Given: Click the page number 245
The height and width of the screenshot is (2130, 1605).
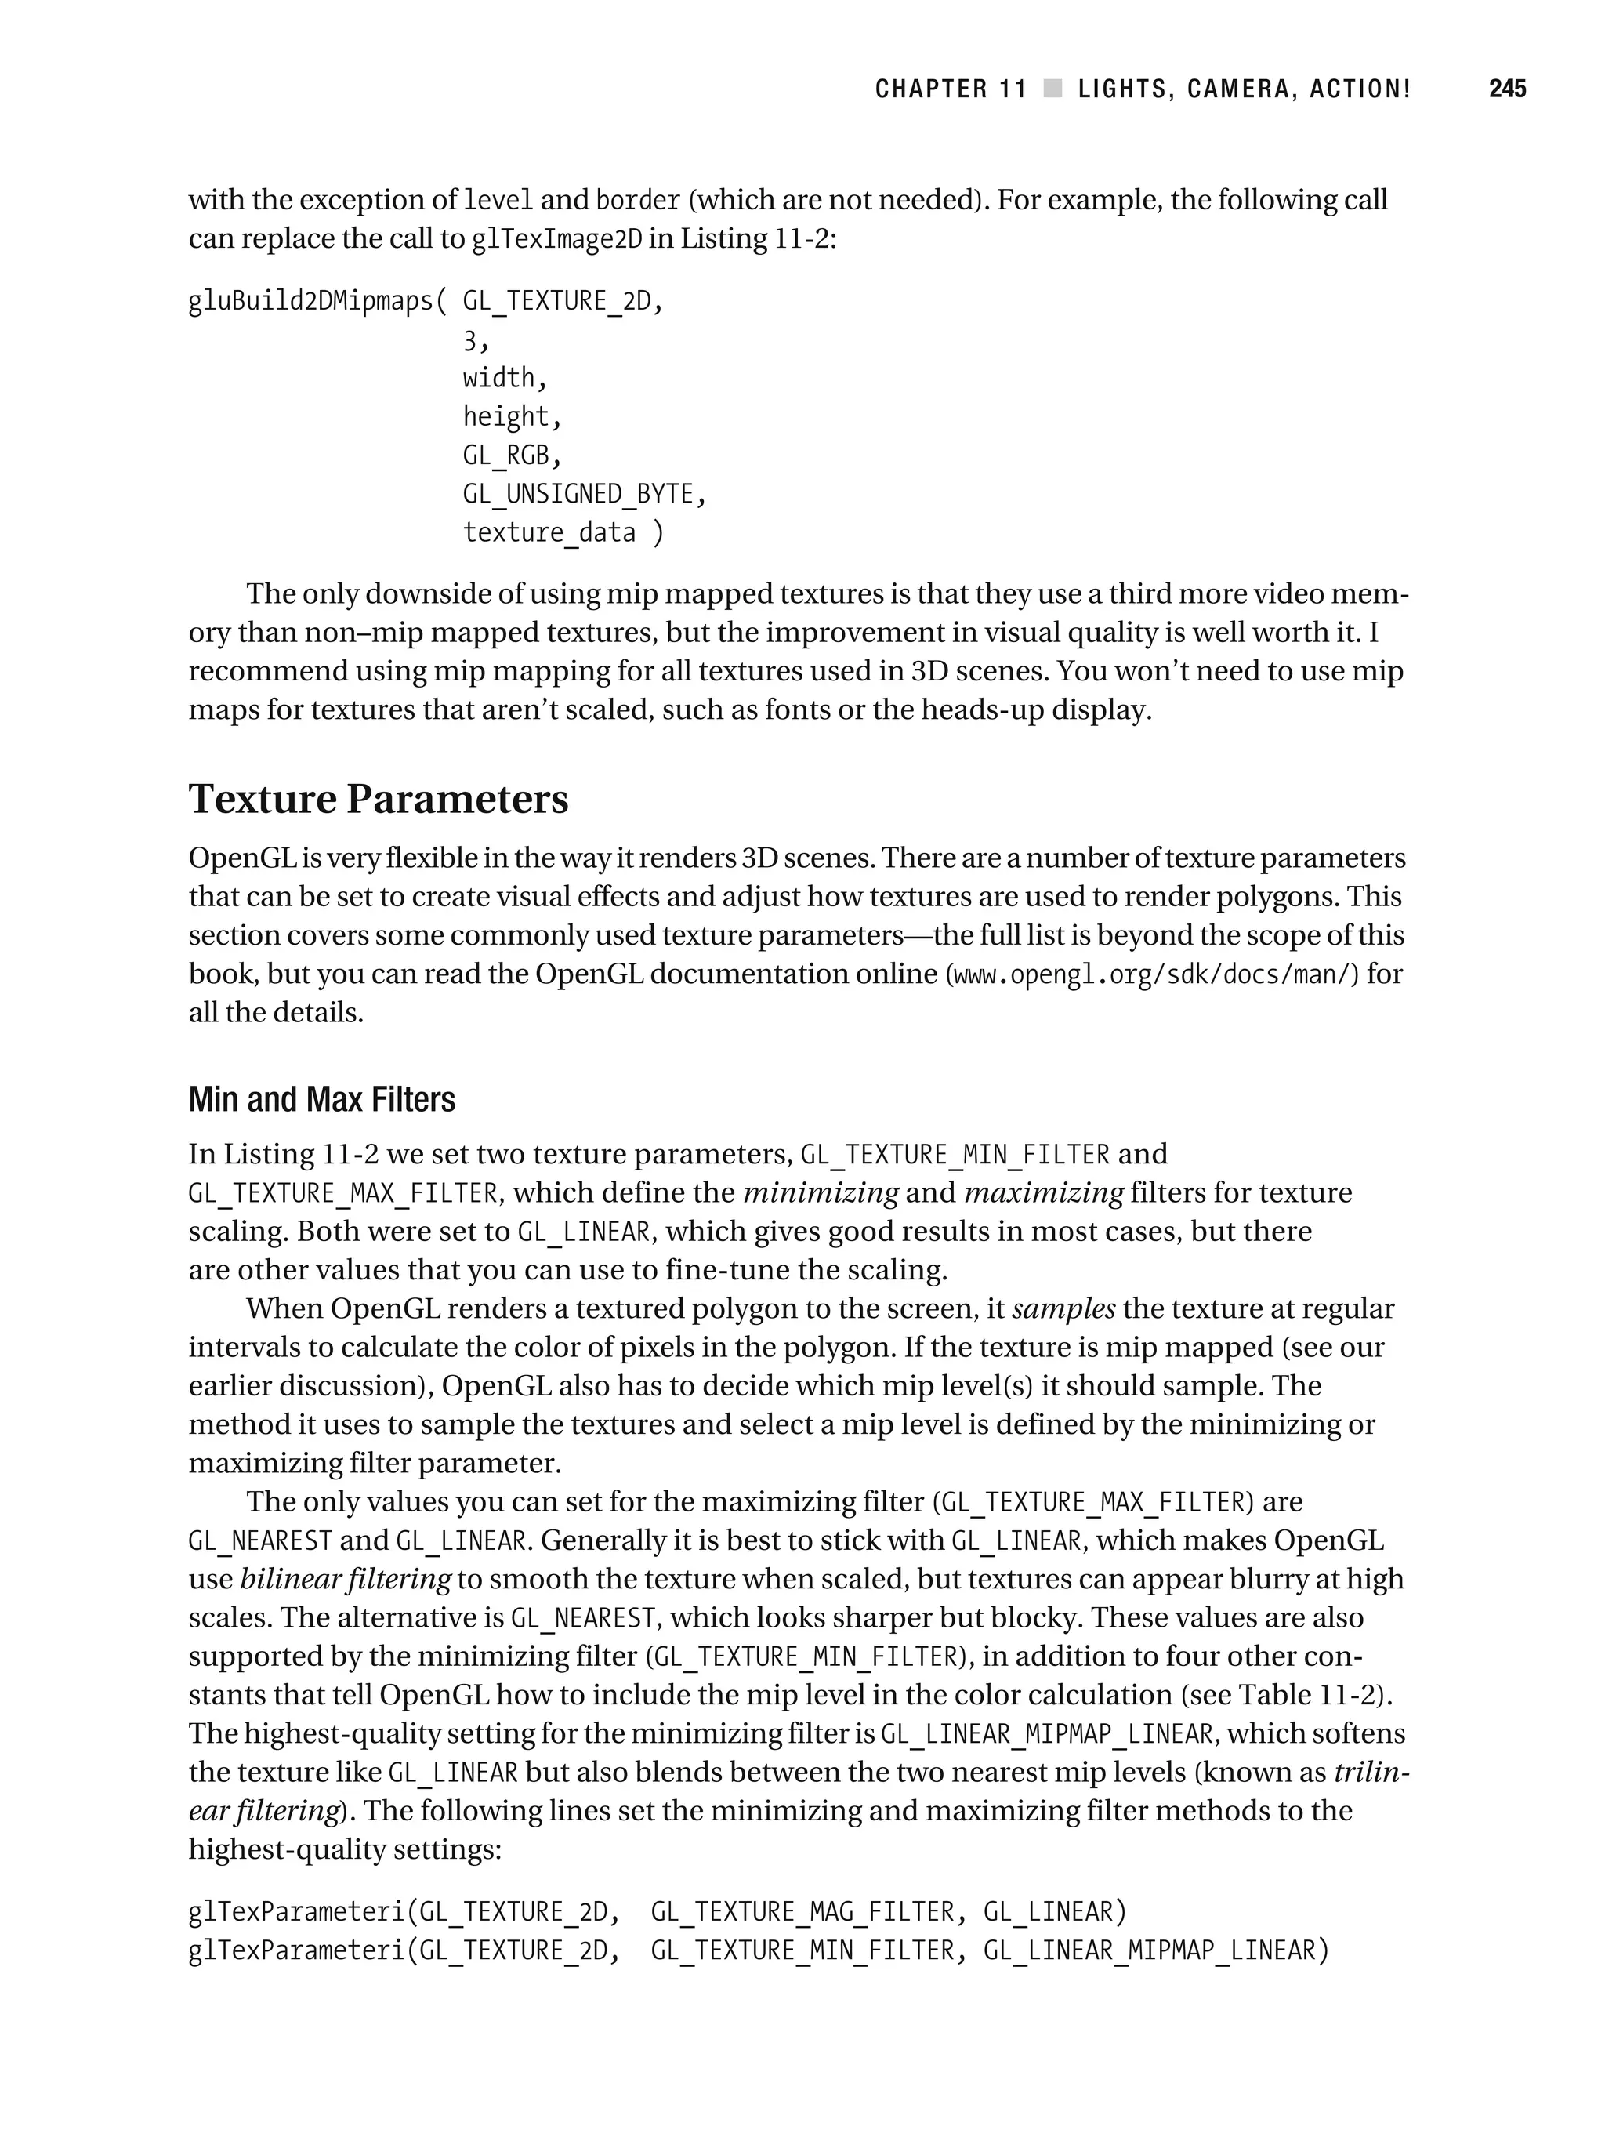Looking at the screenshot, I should point(1507,89).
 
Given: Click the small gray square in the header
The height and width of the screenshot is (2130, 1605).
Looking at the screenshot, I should point(1053,89).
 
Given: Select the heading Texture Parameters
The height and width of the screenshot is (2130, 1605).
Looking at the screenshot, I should point(379,799).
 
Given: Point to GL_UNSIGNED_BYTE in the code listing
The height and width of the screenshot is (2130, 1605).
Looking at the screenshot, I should point(578,494).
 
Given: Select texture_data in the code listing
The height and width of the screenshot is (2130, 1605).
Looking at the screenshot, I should point(549,532).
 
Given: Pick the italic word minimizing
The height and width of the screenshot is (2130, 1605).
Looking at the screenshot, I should point(821,1193).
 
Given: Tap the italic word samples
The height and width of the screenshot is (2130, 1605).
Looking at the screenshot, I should point(1064,1309).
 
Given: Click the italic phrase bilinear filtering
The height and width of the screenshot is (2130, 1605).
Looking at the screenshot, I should point(345,1579).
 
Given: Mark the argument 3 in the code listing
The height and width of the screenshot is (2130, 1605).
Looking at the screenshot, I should point(470,340).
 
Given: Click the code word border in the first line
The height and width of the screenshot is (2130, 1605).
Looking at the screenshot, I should point(639,200).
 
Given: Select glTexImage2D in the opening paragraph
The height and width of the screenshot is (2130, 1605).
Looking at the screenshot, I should point(556,239).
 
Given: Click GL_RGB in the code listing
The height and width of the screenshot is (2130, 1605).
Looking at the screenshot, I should point(505,455).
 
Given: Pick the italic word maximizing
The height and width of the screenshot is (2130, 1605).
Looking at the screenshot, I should point(1044,1193).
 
